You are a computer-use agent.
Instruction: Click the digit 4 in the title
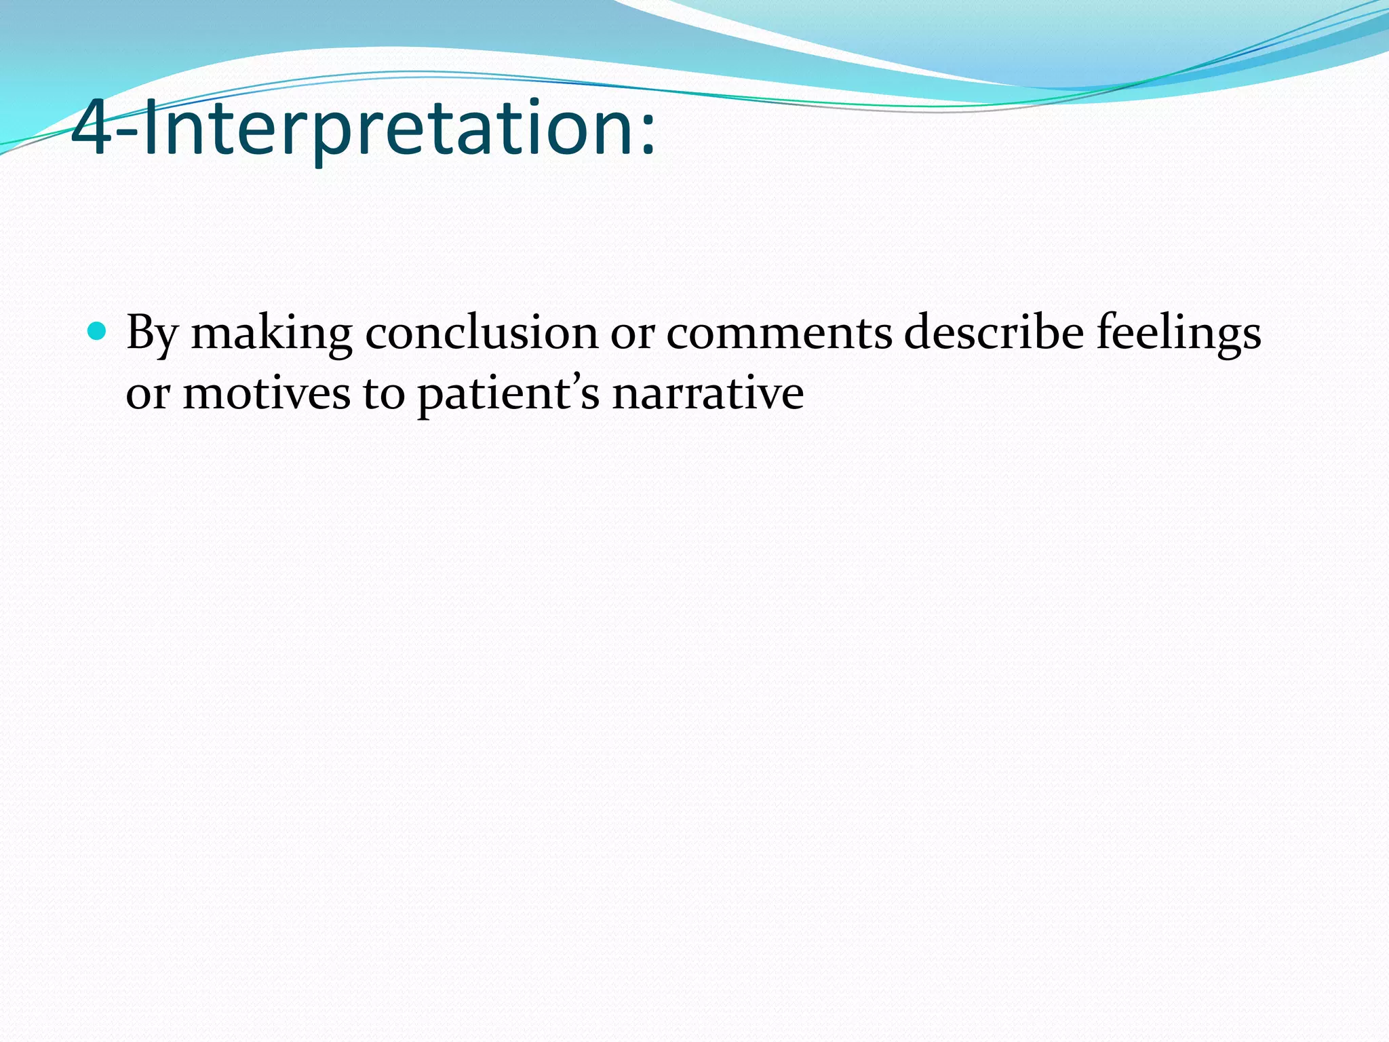(92, 129)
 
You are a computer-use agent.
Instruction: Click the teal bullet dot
(98, 331)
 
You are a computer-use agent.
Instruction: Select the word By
(152, 334)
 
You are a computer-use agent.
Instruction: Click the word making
(271, 334)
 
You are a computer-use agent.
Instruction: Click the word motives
(267, 393)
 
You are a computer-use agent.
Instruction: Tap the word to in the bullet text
(383, 393)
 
